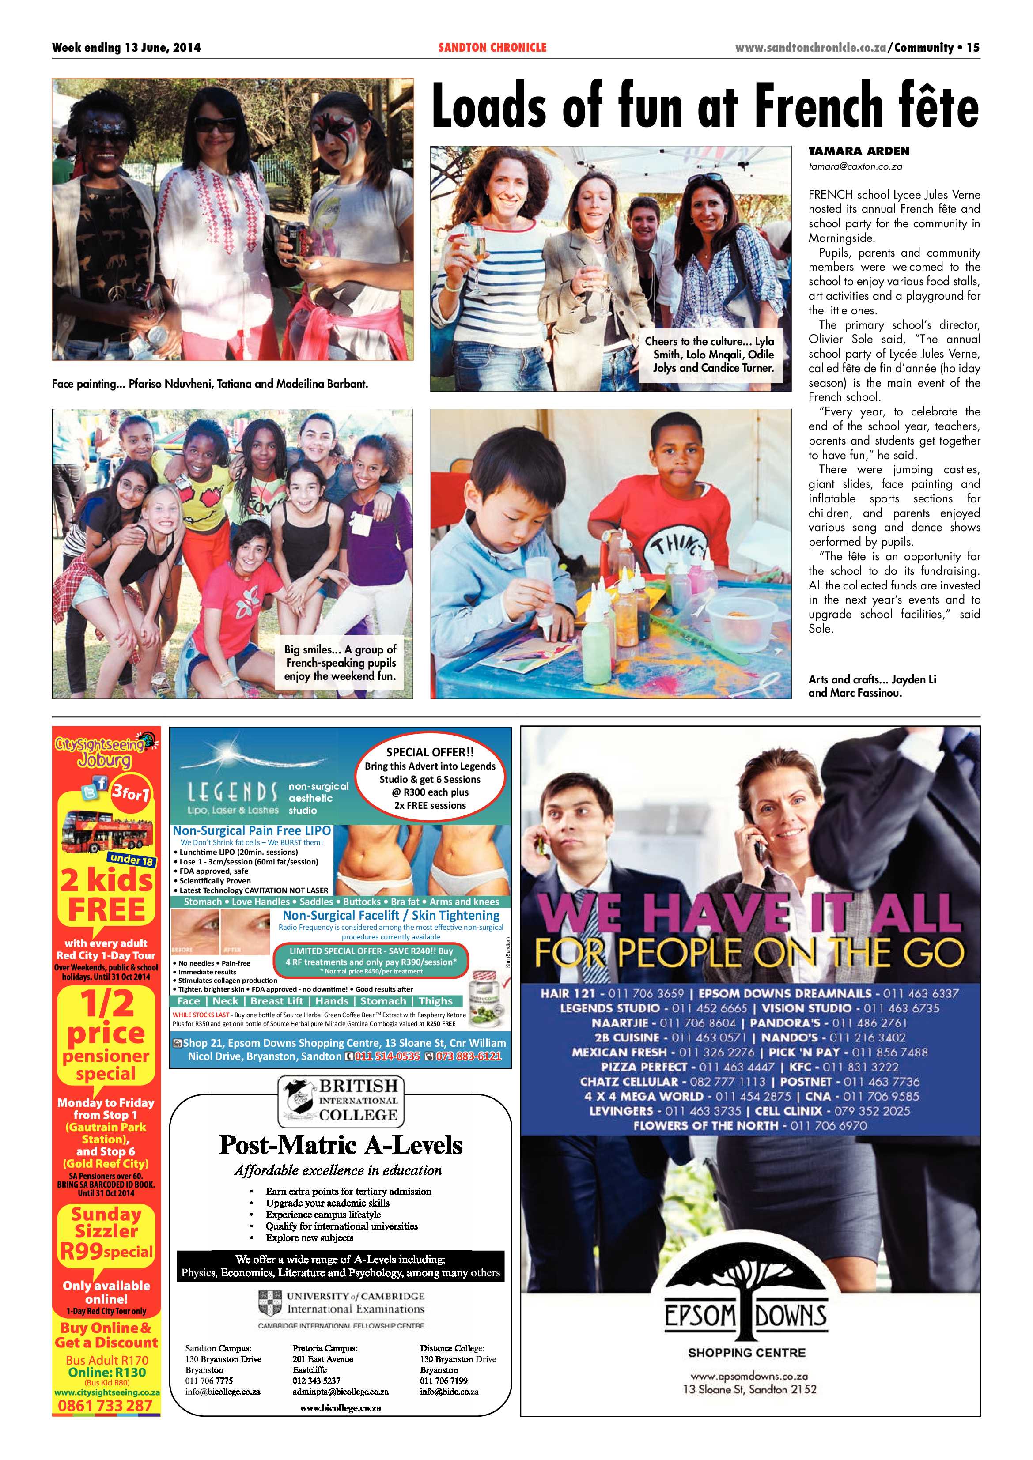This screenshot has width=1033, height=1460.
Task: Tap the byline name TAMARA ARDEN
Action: pos(859,151)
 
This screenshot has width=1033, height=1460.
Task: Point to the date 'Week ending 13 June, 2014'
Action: pos(126,47)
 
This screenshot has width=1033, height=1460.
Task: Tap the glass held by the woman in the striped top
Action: pos(475,243)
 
